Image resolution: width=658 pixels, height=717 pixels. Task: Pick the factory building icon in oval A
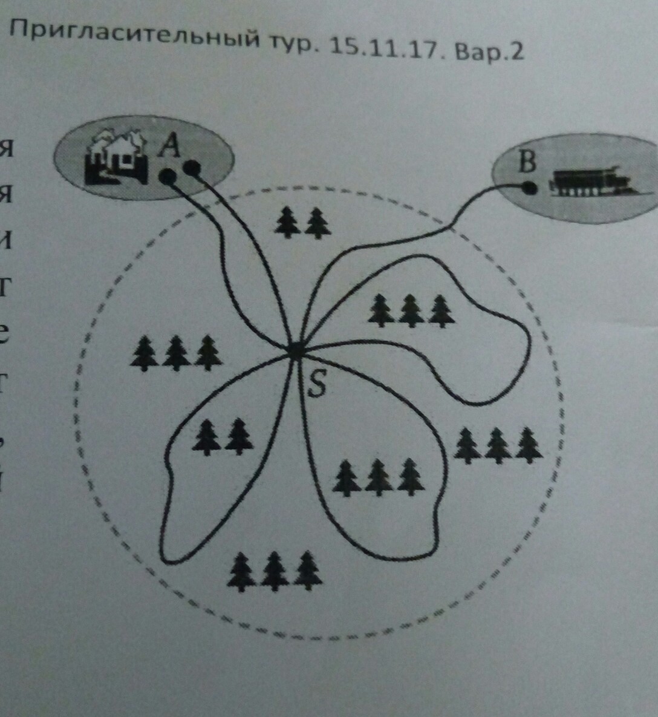pos(116,157)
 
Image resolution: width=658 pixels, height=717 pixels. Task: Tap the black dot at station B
pos(529,188)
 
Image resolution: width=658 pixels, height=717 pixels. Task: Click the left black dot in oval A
pos(168,176)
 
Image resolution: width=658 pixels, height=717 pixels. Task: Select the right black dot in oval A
pos(191,168)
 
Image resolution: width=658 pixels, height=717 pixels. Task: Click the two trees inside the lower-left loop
pos(223,437)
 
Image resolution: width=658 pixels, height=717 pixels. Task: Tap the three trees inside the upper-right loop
pos(411,311)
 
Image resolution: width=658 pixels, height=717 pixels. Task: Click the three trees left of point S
pos(176,353)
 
